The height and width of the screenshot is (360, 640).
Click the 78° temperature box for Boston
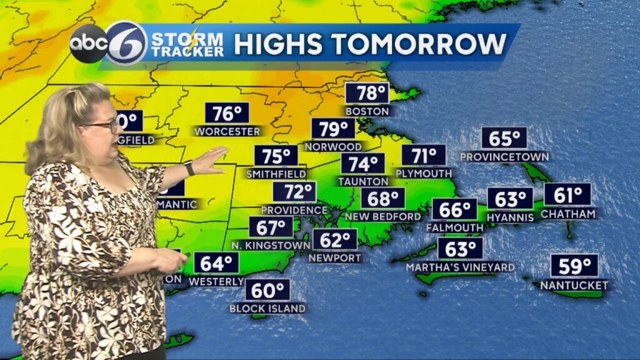pyautogui.click(x=367, y=94)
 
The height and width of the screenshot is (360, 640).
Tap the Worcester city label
pyautogui.click(x=227, y=131)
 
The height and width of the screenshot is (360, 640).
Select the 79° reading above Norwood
pyautogui.click(x=333, y=129)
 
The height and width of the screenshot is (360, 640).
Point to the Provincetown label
pyautogui.click(x=504, y=156)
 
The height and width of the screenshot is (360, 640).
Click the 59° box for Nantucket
pyautogui.click(x=574, y=266)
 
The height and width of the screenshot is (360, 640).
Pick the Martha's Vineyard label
pyautogui.click(x=461, y=267)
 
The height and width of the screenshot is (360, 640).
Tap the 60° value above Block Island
pyautogui.click(x=267, y=290)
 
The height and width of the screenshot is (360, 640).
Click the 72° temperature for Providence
pyautogui.click(x=294, y=192)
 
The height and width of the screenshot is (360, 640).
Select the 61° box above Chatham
pyautogui.click(x=567, y=194)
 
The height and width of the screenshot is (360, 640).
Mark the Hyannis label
pyautogui.click(x=511, y=217)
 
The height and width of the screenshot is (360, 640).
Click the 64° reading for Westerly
pyautogui.click(x=216, y=263)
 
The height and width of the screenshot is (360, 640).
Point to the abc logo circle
pyautogui.click(x=88, y=44)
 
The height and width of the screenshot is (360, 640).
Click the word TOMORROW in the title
pyautogui.click(x=421, y=44)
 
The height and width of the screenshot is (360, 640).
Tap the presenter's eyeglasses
pyautogui.click(x=103, y=126)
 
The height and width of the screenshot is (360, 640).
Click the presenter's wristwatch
pyautogui.click(x=189, y=168)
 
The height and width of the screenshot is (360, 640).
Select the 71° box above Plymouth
pyautogui.click(x=424, y=155)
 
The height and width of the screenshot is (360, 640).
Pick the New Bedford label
pyautogui.click(x=383, y=216)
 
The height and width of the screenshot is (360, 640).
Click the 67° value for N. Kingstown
pyautogui.click(x=271, y=227)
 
